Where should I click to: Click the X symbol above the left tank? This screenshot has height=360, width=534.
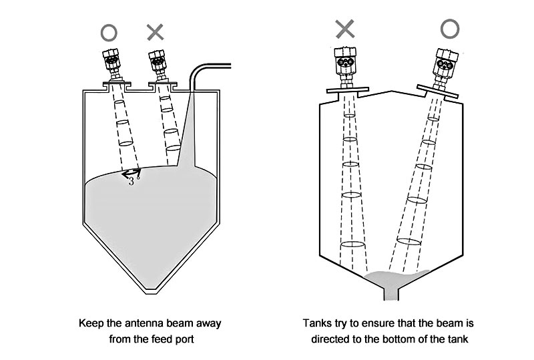click(x=155, y=31)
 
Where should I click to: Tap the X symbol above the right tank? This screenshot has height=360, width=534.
click(x=345, y=28)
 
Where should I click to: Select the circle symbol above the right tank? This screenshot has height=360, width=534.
click(x=449, y=28)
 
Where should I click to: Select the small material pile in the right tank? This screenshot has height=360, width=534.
click(x=398, y=275)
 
